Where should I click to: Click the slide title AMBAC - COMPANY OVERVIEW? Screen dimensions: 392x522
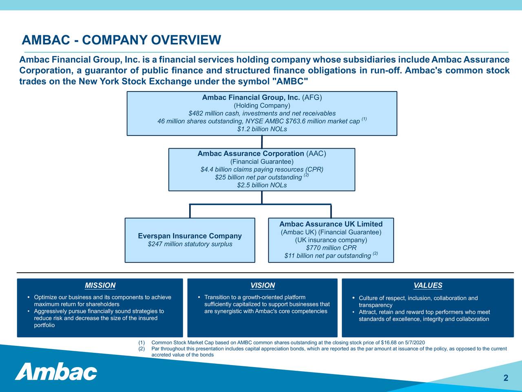[x=121, y=40]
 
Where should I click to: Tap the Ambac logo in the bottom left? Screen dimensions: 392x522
[x=56, y=371]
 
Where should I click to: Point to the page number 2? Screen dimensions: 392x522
[x=506, y=378]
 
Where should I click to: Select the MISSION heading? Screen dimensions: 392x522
[x=100, y=285]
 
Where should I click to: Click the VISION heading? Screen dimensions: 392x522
[x=262, y=285]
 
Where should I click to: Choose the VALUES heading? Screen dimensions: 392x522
[x=428, y=285]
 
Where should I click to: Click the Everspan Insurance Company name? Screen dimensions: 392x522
[x=190, y=236]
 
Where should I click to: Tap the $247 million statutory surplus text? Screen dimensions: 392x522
[x=190, y=244]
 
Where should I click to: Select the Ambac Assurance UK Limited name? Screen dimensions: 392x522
[x=331, y=224]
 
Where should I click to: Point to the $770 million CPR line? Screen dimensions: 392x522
[x=331, y=248]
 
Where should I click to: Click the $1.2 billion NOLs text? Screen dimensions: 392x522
[x=262, y=129]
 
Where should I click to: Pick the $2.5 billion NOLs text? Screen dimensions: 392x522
[x=262, y=185]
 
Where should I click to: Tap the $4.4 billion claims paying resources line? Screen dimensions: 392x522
[x=262, y=169]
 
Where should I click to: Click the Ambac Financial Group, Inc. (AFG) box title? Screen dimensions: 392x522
[x=262, y=98]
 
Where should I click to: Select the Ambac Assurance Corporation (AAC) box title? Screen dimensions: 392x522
[x=262, y=154]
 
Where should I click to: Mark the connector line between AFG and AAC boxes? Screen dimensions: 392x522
[x=262, y=142]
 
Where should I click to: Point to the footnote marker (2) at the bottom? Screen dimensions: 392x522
[x=142, y=349]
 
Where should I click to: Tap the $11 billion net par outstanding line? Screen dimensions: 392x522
[x=327, y=256]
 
